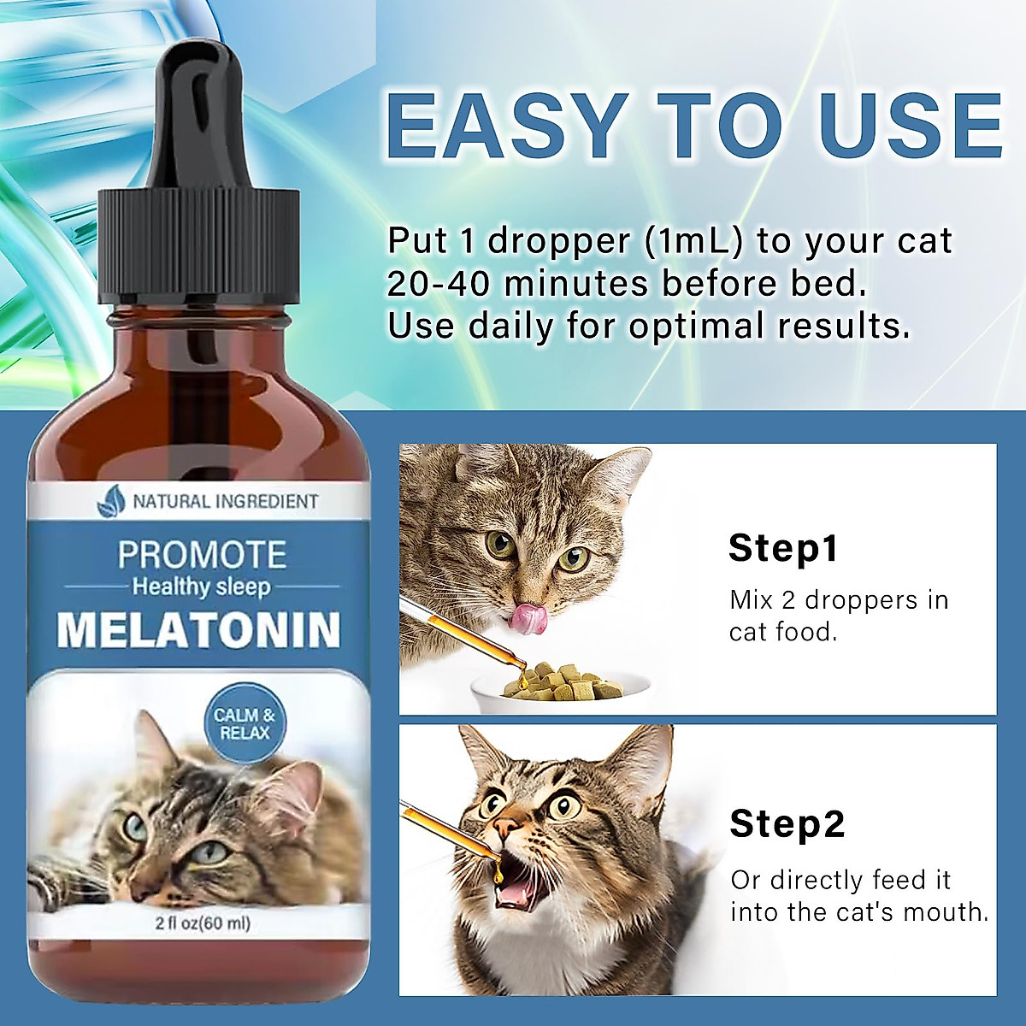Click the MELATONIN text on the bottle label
(198, 629)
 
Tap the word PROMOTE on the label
(202, 555)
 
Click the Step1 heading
(782, 548)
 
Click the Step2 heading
(787, 823)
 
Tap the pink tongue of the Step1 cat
(528, 619)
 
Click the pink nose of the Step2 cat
(507, 826)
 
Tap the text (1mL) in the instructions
(691, 241)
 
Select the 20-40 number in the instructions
(439, 283)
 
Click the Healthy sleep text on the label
(201, 587)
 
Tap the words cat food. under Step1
(782, 633)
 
